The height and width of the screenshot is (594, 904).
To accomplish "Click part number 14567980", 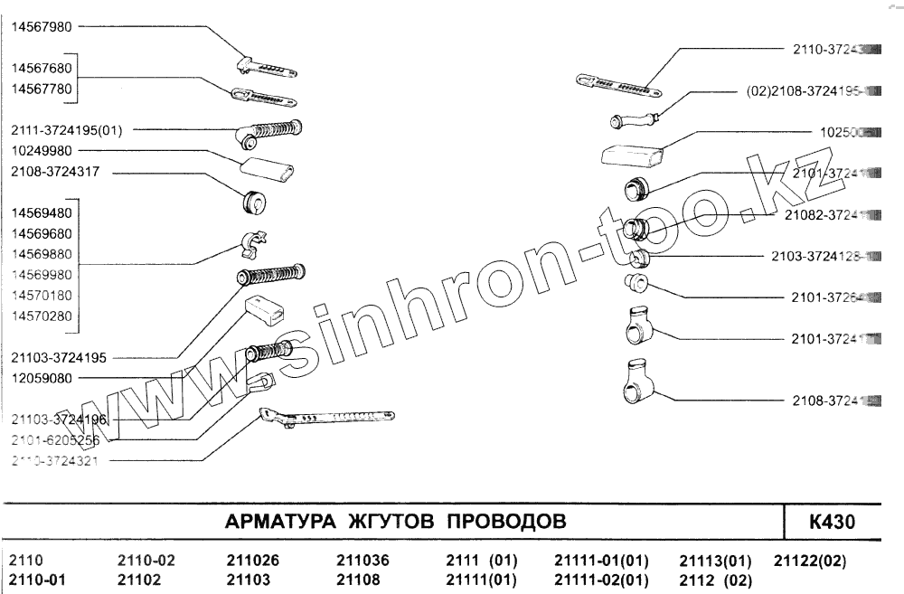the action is (42, 26).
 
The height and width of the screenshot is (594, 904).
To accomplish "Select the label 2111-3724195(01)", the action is (67, 129).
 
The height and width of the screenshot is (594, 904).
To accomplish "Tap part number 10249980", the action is (42, 150).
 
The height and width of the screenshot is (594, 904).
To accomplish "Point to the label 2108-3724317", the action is (54, 171).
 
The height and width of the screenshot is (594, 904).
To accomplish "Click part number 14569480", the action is (42, 213).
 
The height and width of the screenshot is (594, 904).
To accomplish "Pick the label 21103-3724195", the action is (60, 358).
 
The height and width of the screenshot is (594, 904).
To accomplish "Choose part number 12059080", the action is (42, 378).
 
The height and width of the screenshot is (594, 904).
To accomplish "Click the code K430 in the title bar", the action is (832, 523).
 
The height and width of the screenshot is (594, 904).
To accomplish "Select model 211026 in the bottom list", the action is (252, 561).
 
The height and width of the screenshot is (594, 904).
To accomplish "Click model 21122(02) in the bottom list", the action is (810, 561).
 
